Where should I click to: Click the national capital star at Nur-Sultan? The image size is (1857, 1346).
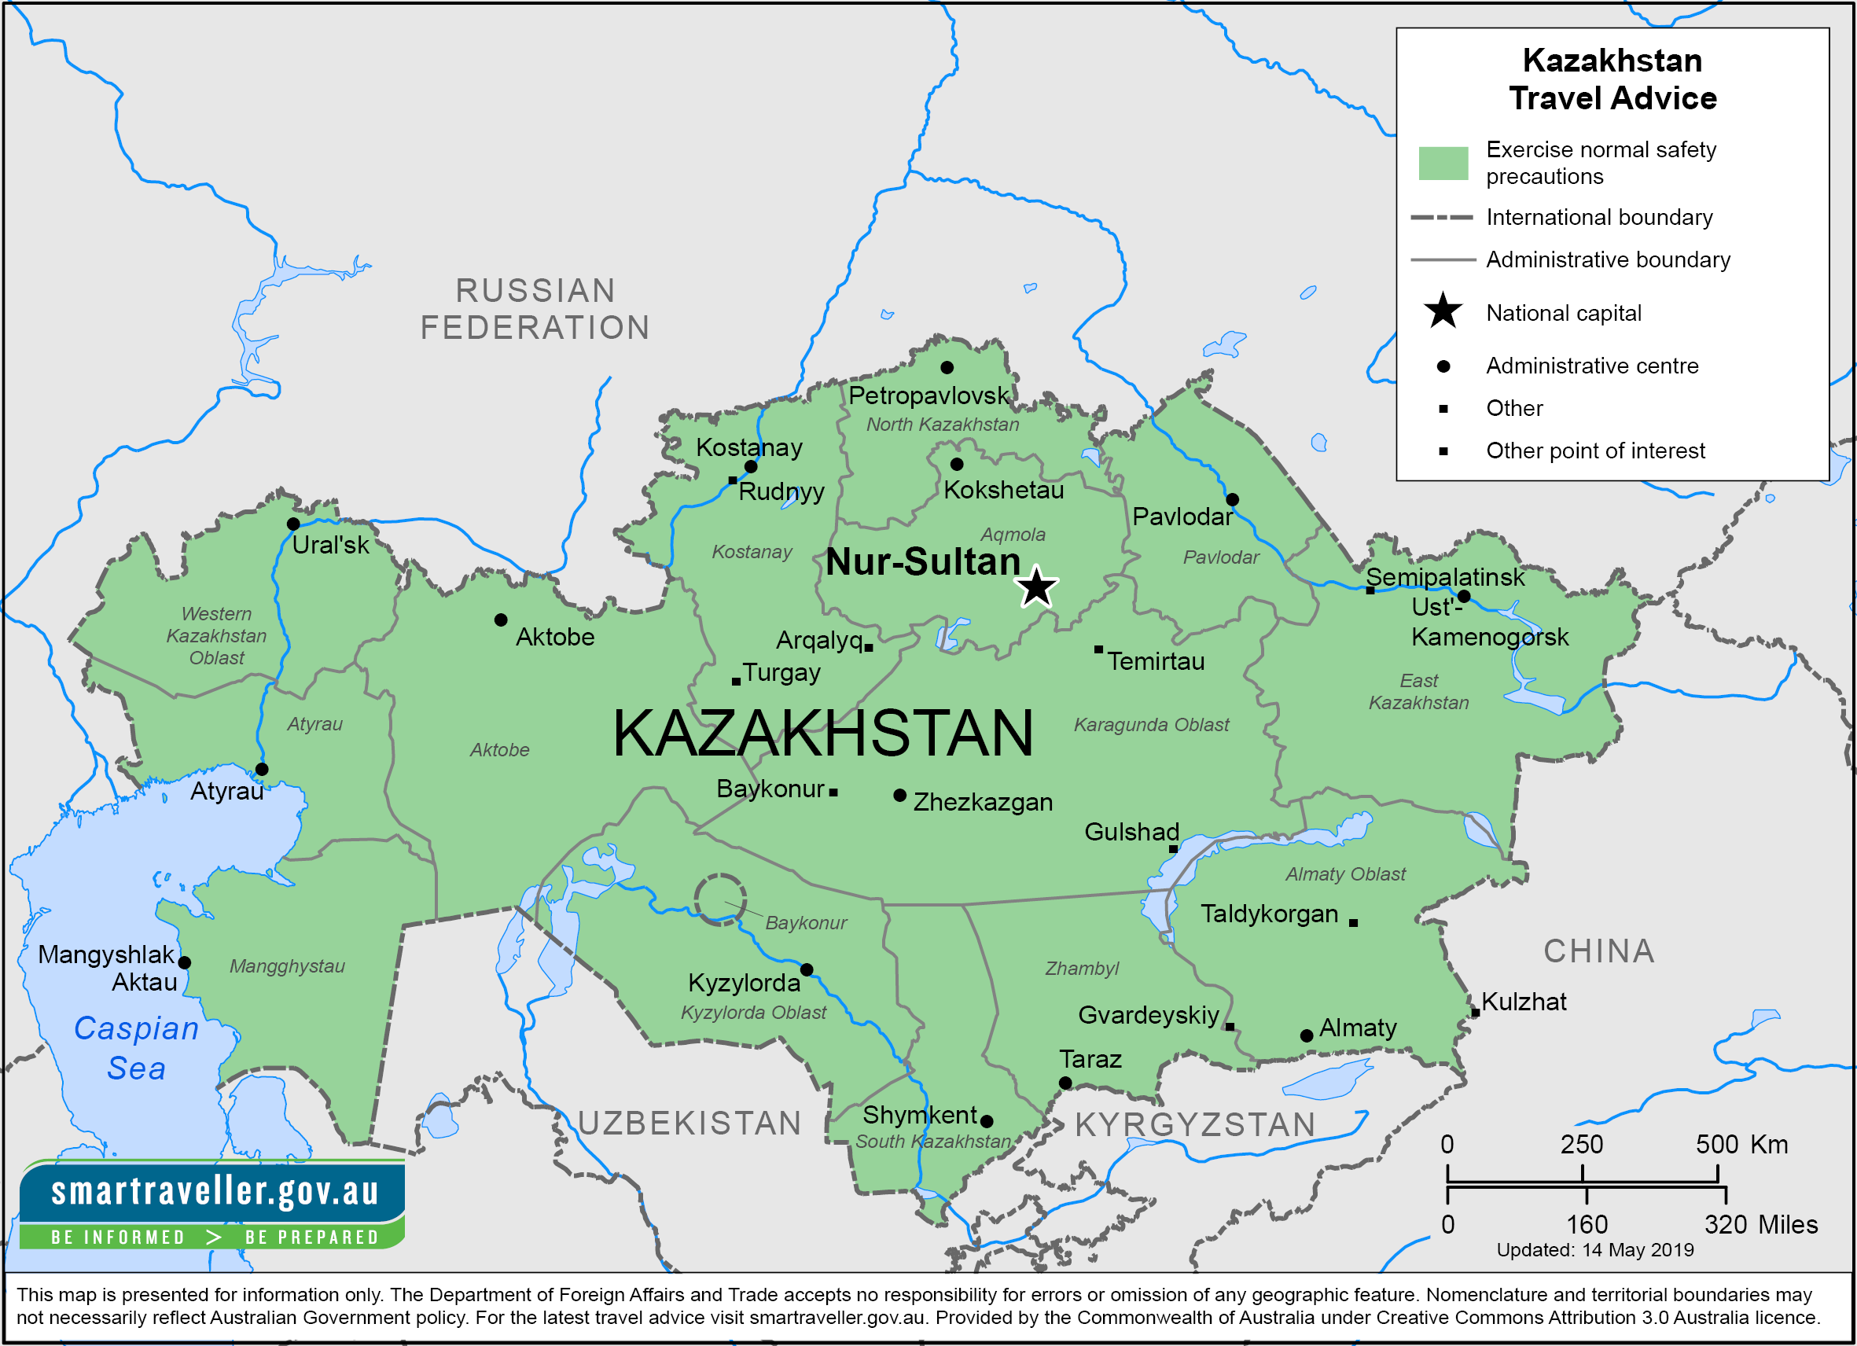1035,587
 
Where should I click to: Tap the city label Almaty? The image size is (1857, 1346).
1358,1028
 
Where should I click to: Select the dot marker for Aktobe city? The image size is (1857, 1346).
501,620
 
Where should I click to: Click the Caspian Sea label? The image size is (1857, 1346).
136,1048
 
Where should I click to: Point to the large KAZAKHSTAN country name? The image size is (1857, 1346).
823,733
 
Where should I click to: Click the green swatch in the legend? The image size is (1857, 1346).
1443,163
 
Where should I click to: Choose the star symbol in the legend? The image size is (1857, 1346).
1443,312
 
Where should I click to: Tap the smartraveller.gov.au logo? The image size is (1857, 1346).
213,1204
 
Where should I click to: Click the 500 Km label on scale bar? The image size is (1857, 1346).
1741,1144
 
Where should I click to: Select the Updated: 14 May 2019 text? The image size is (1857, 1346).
1594,1250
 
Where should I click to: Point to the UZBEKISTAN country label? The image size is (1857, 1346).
689,1124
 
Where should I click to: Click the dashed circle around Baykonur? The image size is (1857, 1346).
719,899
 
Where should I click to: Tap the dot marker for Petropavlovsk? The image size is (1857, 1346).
947,368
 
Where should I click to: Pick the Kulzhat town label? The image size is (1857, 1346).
1524,1002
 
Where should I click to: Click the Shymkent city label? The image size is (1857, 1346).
919,1114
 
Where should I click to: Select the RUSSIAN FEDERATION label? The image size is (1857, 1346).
535,309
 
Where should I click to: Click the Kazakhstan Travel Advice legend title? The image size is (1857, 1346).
1612,79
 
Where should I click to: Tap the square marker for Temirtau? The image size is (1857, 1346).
1098,649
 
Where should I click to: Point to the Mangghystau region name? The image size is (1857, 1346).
287,966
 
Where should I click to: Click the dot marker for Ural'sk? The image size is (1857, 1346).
293,524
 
